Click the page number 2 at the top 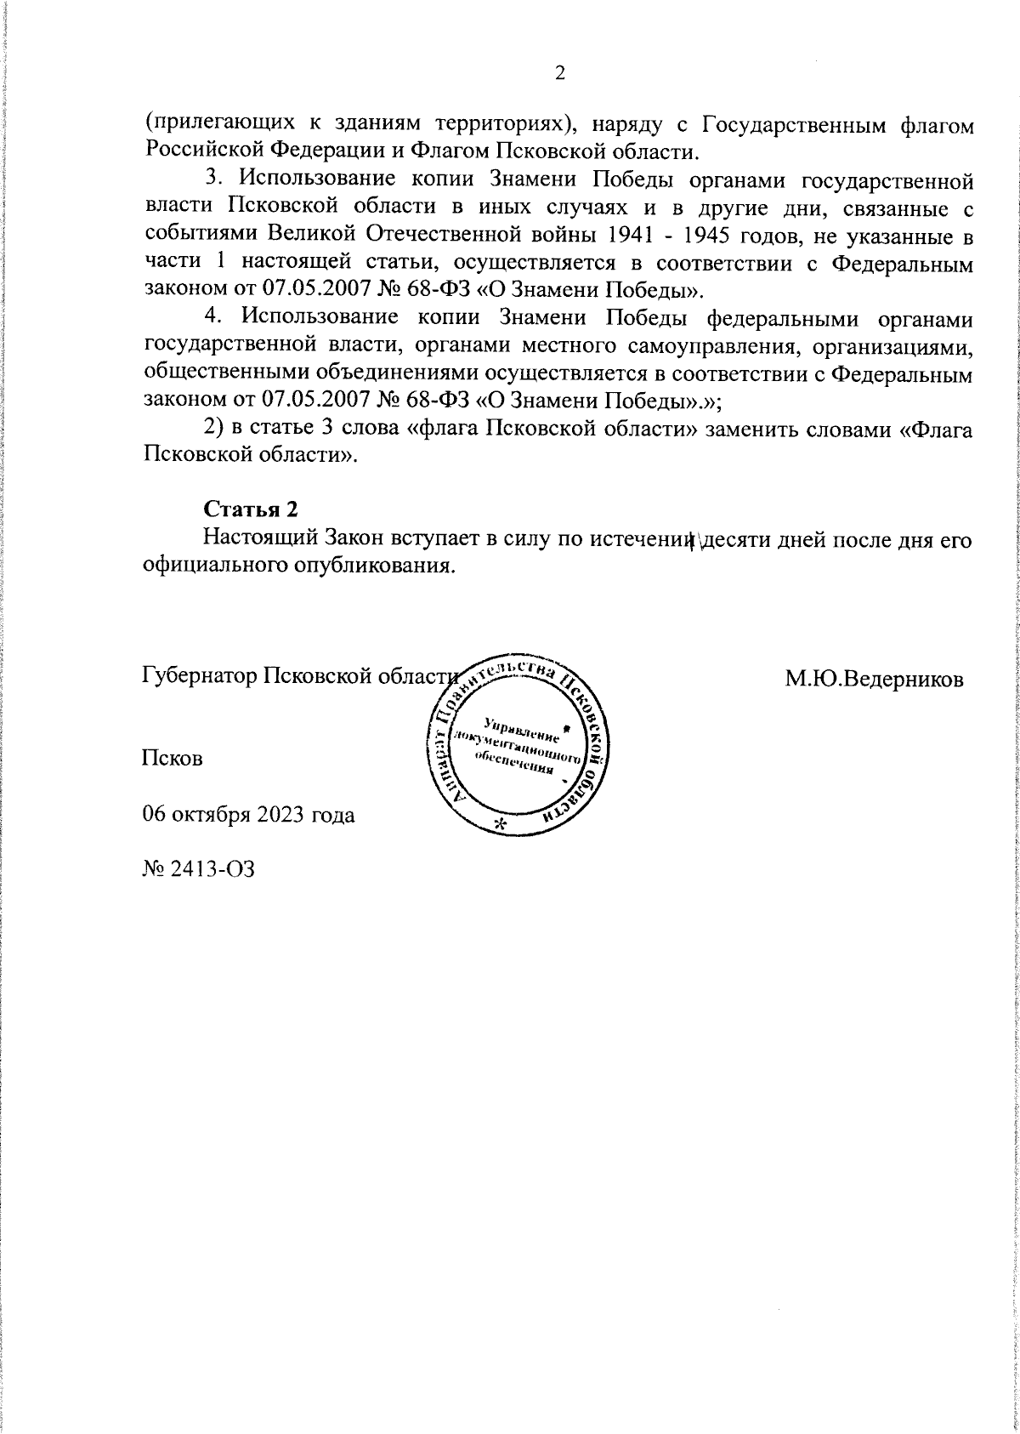[x=559, y=74]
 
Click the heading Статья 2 [x=251, y=509]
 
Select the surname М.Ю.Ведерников [x=874, y=678]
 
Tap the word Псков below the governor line [x=173, y=758]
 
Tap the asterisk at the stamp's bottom [x=500, y=824]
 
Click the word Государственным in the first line [x=791, y=123]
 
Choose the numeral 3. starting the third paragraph [x=213, y=179]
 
